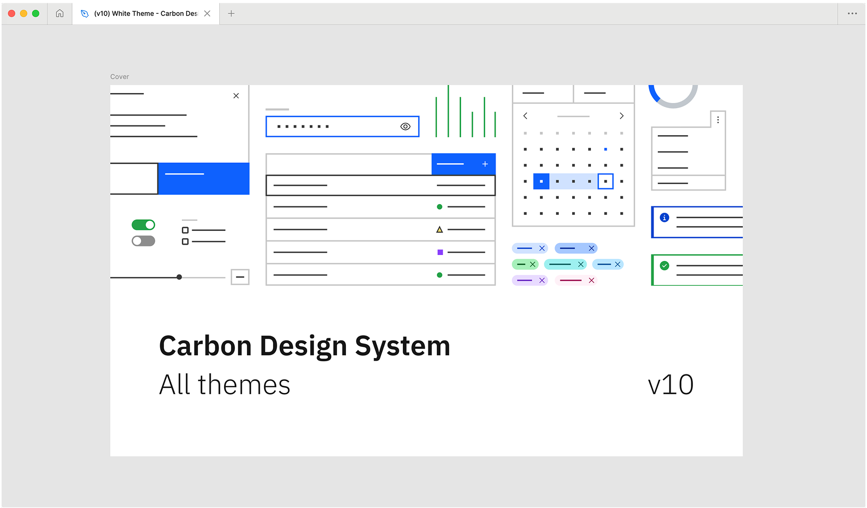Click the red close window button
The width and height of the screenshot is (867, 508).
point(12,13)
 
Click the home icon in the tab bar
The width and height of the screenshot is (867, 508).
point(60,13)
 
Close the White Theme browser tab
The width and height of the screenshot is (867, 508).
point(208,13)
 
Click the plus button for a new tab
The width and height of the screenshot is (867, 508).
point(231,13)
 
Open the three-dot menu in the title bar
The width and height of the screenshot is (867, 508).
point(852,13)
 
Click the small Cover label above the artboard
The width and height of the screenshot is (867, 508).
point(120,77)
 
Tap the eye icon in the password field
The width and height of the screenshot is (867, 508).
point(405,127)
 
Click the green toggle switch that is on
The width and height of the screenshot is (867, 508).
point(143,225)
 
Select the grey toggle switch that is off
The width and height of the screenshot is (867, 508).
point(143,241)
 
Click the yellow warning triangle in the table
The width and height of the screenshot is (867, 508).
point(439,229)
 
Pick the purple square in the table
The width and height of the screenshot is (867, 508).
point(440,252)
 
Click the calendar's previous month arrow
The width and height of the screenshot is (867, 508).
point(525,115)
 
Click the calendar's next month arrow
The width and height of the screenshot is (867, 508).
point(622,115)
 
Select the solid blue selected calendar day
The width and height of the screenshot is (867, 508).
point(541,181)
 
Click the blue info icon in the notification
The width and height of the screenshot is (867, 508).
point(665,218)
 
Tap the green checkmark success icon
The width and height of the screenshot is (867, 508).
point(665,265)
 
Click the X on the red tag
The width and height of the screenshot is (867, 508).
point(591,280)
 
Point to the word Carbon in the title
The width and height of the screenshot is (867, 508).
point(205,346)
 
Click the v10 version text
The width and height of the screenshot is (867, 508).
point(671,385)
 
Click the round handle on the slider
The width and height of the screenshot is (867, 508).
point(179,277)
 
